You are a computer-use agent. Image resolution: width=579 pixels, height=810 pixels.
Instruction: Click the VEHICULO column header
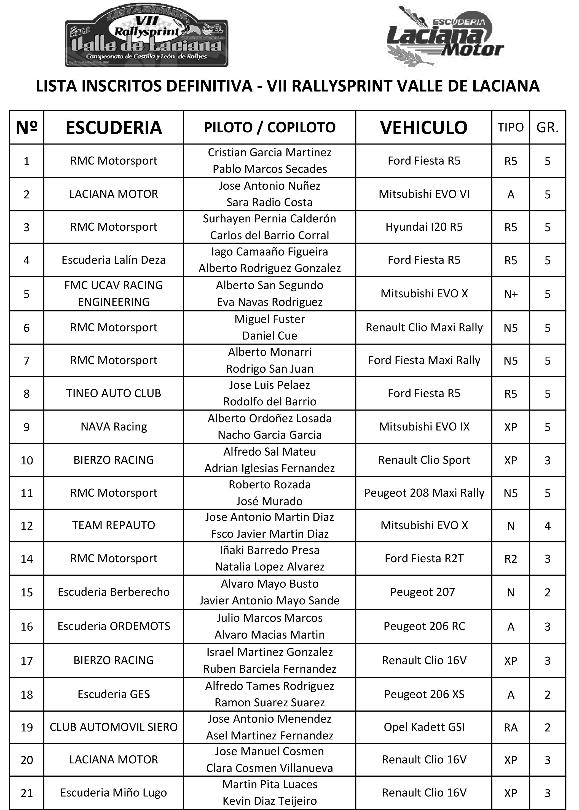(423, 128)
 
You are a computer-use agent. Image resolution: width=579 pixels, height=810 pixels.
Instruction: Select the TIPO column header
(511, 128)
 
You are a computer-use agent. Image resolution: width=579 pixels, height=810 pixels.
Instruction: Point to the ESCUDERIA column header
(114, 128)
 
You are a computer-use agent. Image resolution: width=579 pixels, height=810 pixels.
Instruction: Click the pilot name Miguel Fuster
(270, 319)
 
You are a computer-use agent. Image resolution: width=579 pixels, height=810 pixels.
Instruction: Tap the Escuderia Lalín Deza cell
(114, 260)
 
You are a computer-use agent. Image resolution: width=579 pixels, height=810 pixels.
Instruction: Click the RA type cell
(511, 727)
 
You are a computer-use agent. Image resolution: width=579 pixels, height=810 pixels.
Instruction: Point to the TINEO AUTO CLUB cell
(114, 393)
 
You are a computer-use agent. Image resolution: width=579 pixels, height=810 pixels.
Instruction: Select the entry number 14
(27, 559)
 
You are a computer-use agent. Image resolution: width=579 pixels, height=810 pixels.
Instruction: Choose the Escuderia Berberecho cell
(114, 592)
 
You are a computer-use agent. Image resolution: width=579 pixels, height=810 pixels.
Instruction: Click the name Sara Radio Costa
(270, 202)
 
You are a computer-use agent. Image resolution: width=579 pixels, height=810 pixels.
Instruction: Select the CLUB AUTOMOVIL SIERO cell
(114, 727)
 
